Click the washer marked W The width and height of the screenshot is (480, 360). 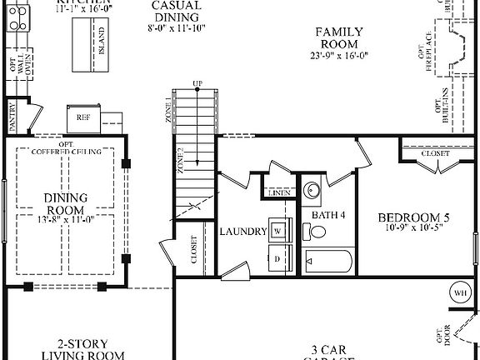point(278,228)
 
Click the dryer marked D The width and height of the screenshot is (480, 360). point(278,259)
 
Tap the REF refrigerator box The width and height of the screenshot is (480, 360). point(83,117)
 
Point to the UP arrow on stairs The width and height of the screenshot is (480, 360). point(197,84)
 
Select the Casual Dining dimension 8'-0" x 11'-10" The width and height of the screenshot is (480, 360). point(176,27)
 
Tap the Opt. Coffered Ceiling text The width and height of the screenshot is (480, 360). point(67,147)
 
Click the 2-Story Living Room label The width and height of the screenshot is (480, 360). point(79,349)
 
